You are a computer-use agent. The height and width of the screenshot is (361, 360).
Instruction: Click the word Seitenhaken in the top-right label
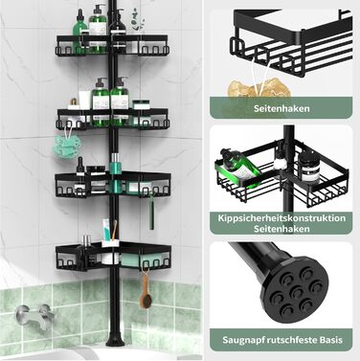[281, 108]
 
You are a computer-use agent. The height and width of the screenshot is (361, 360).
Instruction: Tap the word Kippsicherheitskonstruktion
[281, 218]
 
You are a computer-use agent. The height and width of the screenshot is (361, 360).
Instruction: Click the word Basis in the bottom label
[331, 340]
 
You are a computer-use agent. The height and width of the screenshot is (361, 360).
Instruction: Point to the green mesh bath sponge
[67, 146]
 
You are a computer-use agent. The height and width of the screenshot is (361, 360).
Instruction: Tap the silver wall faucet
[34, 314]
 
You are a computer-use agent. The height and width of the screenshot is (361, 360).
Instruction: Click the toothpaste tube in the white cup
[107, 231]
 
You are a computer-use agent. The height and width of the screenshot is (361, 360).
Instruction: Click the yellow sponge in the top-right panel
[259, 88]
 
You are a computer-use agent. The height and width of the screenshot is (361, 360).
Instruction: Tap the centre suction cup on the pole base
[297, 292]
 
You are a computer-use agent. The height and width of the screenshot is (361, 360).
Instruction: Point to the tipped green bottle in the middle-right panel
[240, 169]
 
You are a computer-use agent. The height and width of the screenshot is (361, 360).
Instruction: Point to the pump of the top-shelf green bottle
[98, 9]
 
